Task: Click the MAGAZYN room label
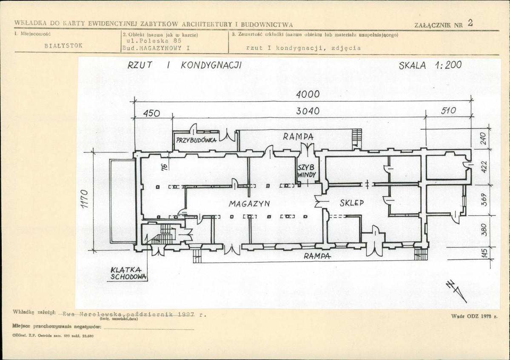click(x=249, y=204)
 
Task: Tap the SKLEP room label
click(x=352, y=203)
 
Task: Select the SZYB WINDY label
click(x=306, y=171)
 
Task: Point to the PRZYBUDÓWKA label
click(x=196, y=140)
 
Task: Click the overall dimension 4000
click(x=308, y=94)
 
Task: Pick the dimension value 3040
click(x=308, y=111)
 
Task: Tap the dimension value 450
click(x=151, y=113)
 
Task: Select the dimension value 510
click(x=448, y=111)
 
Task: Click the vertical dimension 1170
click(x=84, y=199)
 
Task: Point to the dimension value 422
click(x=484, y=167)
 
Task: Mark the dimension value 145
click(x=484, y=254)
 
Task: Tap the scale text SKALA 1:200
click(x=430, y=65)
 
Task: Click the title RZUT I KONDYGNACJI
click(x=185, y=65)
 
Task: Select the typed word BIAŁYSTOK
click(x=63, y=46)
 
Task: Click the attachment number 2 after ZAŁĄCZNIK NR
click(x=470, y=23)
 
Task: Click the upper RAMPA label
click(x=298, y=137)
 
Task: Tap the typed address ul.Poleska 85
click(x=154, y=41)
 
